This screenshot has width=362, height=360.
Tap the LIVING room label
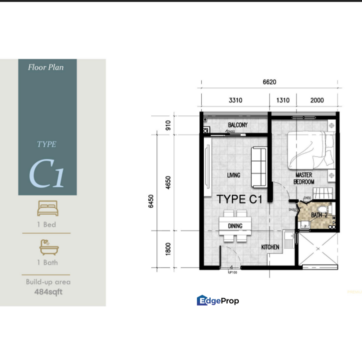234,175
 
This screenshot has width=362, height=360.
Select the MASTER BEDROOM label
304,179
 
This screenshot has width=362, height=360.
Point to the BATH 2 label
319,215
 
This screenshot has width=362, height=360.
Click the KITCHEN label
271,247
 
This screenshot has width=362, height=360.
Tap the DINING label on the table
235,226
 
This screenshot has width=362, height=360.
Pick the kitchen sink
288,239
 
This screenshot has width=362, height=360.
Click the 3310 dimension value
236,100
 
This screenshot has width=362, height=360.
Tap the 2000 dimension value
317,100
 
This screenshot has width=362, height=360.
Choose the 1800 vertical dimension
168,248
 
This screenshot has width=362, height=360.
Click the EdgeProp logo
218,300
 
